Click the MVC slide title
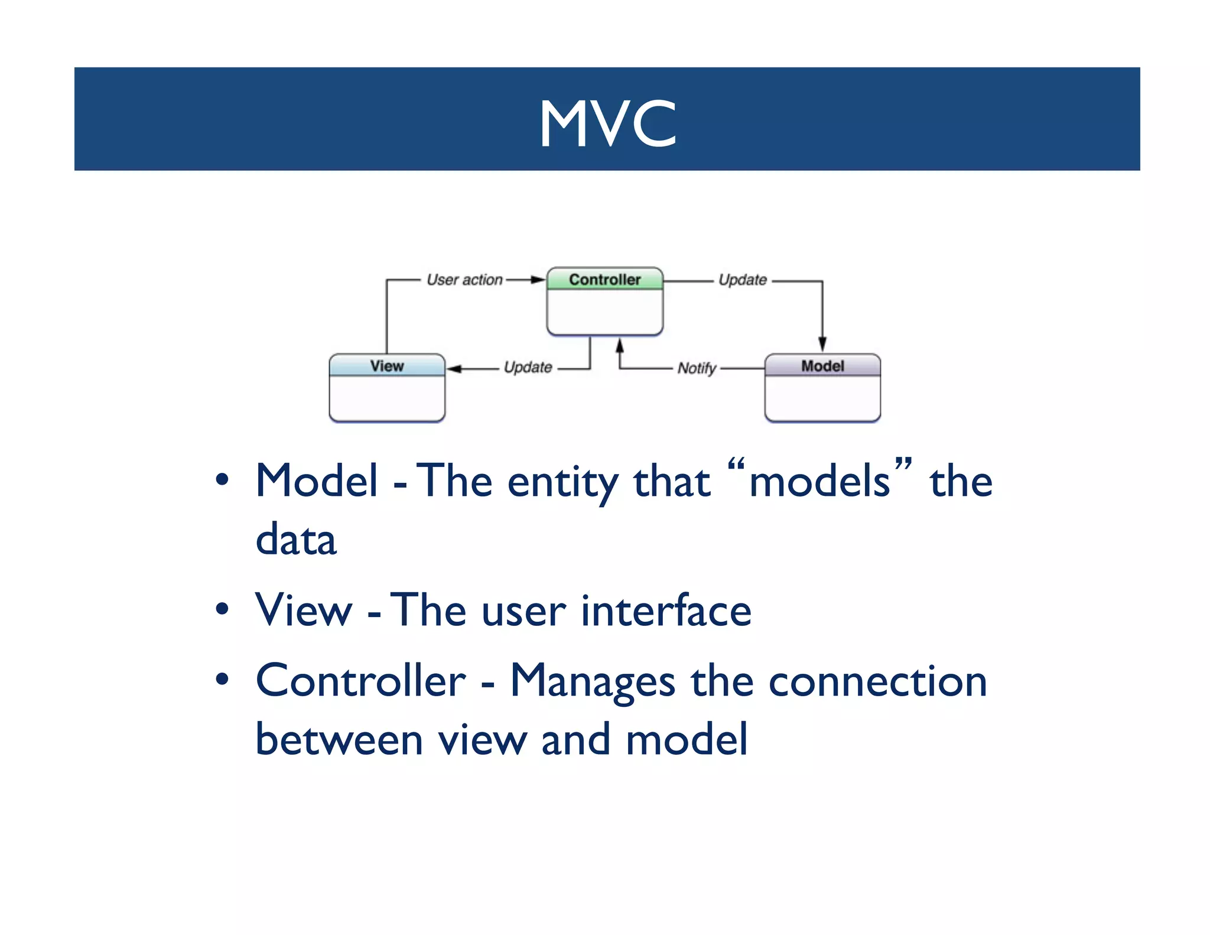(x=607, y=123)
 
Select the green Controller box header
(x=604, y=280)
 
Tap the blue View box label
(x=386, y=366)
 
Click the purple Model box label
(x=822, y=366)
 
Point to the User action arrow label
(x=464, y=280)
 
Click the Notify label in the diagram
(x=697, y=368)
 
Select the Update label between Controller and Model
(x=743, y=280)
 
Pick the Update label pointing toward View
(x=528, y=368)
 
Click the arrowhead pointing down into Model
(x=822, y=345)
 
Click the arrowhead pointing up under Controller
(x=619, y=345)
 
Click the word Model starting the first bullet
(x=317, y=481)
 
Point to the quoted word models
(x=819, y=481)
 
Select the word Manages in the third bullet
(x=592, y=681)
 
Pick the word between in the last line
(x=339, y=739)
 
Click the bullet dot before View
(x=222, y=609)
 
